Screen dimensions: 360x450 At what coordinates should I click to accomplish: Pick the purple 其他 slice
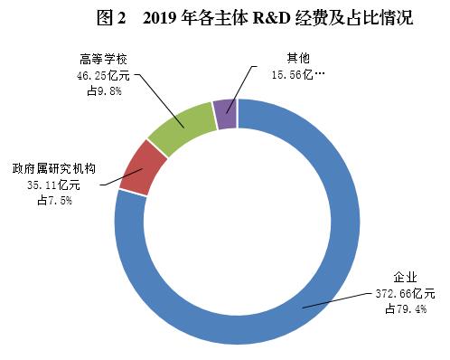point(225,114)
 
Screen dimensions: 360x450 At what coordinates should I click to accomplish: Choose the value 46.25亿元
point(97,76)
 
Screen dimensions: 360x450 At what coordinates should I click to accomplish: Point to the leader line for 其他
point(246,81)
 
